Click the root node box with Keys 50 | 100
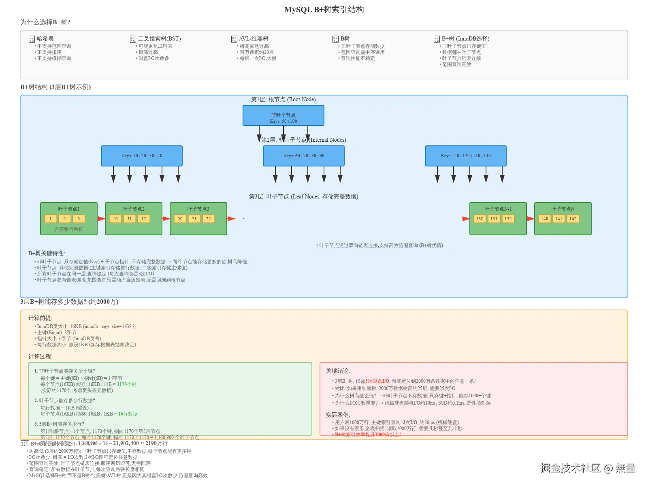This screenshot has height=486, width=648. tap(283, 115)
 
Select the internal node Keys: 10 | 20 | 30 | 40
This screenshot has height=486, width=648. tap(141, 156)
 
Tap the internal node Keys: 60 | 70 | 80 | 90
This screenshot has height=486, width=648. tap(303, 156)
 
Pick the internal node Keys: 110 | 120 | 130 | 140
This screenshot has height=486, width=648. tap(465, 156)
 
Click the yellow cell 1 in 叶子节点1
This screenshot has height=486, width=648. tap(50, 219)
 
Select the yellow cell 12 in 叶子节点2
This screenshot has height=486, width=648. tap(143, 219)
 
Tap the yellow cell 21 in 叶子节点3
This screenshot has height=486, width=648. tap(194, 219)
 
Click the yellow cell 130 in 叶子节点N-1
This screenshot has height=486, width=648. tap(480, 219)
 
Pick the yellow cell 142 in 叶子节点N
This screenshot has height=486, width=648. tap(573, 219)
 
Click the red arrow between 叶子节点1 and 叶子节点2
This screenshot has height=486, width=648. tap(101, 219)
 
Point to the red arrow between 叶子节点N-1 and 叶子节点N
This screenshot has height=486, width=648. tap(531, 219)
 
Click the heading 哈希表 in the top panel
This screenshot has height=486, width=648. tap(45, 38)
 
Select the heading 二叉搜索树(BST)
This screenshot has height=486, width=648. tap(159, 38)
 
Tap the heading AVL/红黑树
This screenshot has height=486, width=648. tap(254, 38)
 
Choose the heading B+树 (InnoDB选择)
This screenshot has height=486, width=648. tap(465, 38)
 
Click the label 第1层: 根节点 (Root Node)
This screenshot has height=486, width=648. tap(283, 99)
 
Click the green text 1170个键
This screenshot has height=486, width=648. tap(126, 384)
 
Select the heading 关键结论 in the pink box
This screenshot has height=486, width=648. tap(338, 371)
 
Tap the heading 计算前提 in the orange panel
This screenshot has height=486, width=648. tap(40, 318)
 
